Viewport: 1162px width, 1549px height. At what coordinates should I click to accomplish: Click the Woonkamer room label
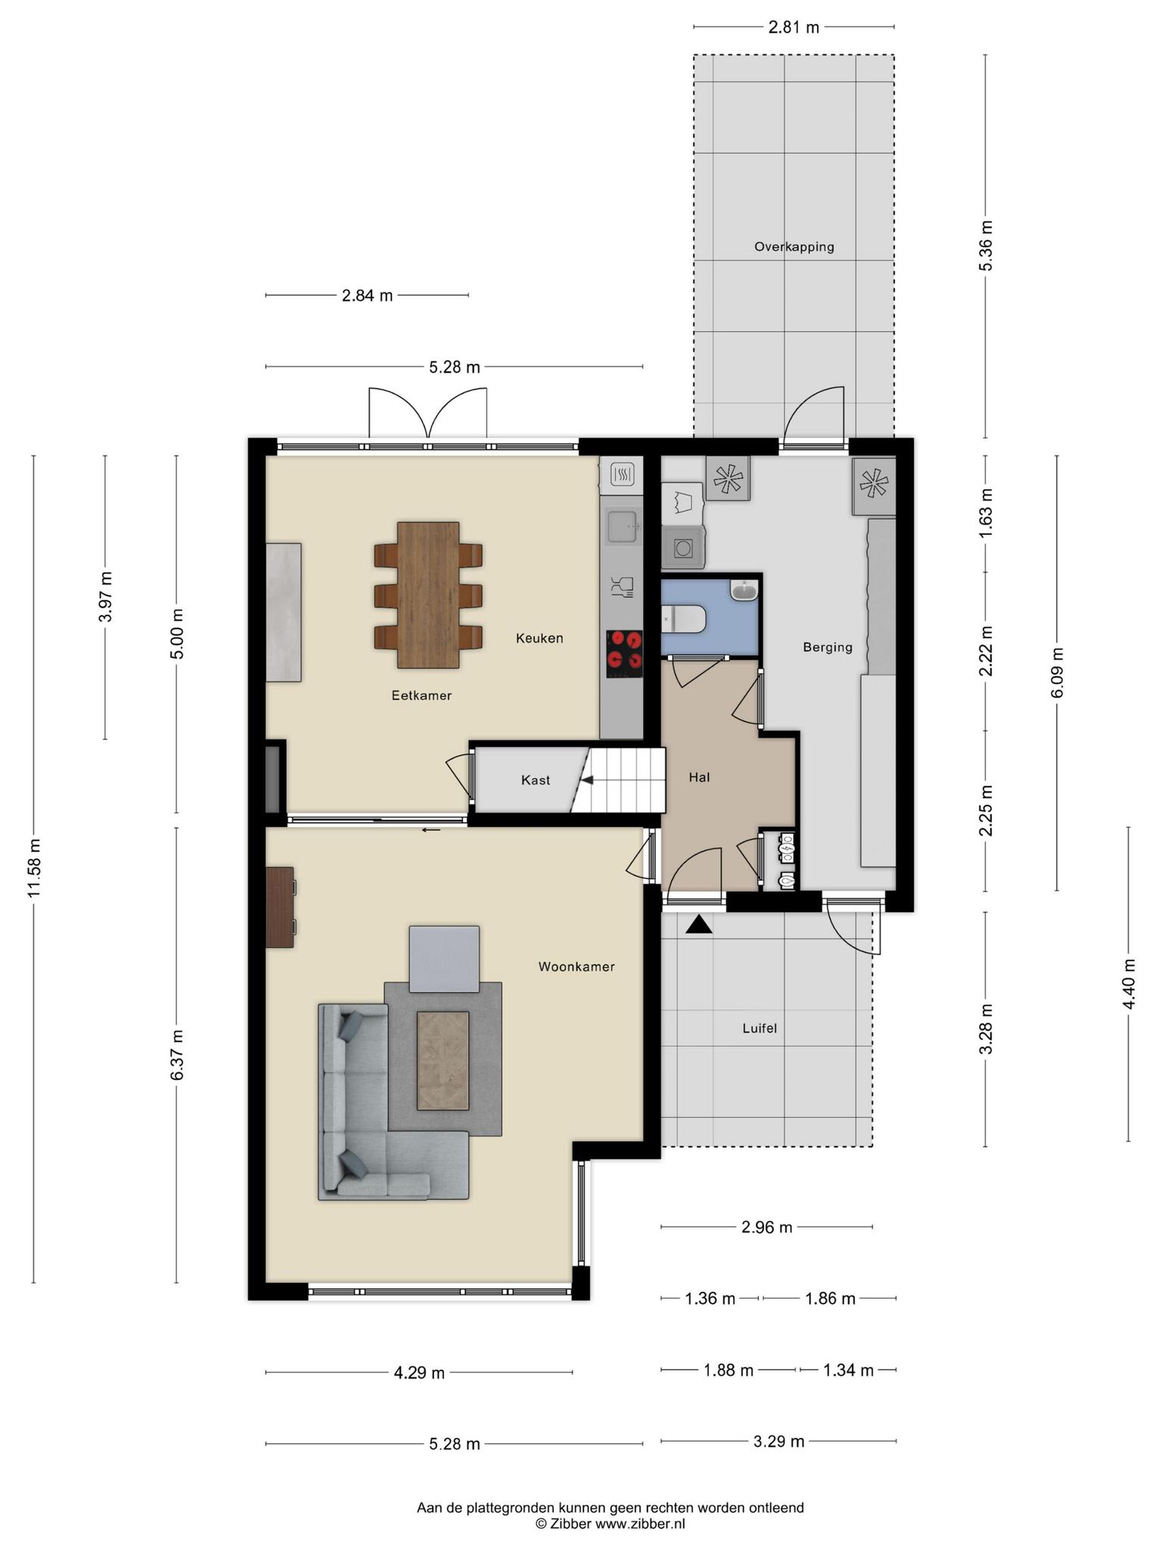point(576,967)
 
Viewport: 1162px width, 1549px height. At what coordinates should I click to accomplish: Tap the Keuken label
point(539,638)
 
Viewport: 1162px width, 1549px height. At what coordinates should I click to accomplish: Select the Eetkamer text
point(421,695)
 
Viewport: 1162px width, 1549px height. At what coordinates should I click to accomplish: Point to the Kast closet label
point(536,780)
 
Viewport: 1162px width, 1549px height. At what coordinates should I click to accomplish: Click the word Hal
point(699,777)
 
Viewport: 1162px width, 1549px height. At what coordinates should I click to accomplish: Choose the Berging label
point(828,647)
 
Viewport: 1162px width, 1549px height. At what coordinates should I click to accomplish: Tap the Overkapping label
point(794,247)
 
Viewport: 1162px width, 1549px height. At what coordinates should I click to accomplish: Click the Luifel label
point(760,1029)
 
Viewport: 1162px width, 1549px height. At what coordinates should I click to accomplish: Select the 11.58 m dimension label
point(34,868)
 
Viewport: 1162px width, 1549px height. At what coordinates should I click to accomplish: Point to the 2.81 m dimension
point(794,28)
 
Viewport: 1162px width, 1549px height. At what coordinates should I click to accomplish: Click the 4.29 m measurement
point(419,1372)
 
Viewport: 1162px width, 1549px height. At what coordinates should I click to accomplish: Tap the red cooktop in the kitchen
point(624,654)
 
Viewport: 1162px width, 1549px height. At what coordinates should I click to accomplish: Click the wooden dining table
point(428,595)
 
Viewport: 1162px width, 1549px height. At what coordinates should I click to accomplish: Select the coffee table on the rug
point(443,1060)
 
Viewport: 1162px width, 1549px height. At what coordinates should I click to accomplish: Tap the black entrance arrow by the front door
point(699,924)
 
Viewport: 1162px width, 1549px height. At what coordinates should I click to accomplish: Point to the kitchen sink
point(621,526)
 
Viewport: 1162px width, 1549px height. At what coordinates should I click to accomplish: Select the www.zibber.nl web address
point(640,1524)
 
